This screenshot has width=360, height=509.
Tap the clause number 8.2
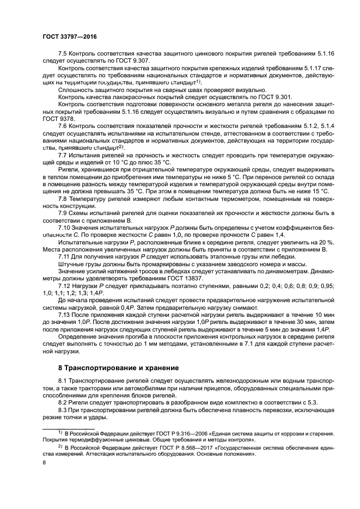pos(63,402)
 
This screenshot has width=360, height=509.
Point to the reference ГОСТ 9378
pos(59,118)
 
